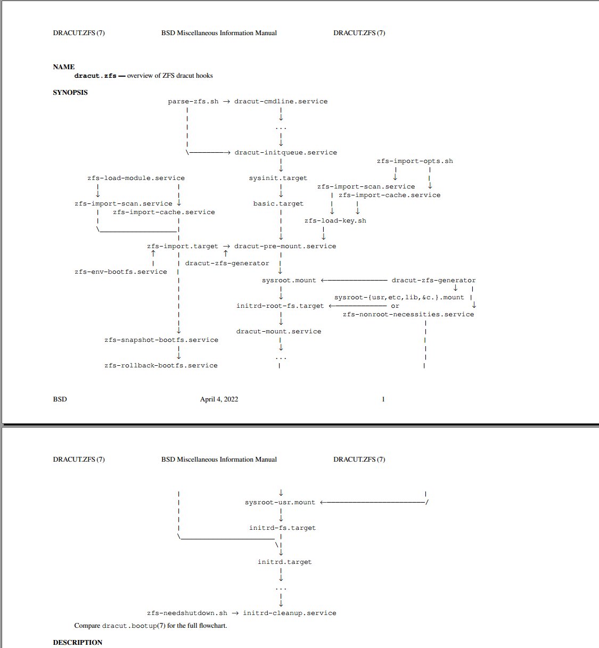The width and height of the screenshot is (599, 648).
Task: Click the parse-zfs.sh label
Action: tap(193, 101)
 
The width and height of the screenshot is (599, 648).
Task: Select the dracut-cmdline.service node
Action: tap(281, 101)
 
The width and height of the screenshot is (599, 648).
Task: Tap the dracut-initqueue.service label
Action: tap(285, 152)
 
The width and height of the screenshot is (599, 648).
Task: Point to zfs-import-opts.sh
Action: tap(415, 161)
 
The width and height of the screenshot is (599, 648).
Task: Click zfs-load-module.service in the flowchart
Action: tap(136, 178)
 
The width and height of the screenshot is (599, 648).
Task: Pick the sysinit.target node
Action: tap(278, 178)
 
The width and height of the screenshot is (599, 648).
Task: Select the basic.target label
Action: tap(278, 203)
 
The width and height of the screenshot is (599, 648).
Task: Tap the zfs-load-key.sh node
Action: tap(335, 220)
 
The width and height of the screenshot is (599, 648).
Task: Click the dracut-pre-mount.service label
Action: tap(285, 246)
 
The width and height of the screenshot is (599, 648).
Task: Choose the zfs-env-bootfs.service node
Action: tap(121, 272)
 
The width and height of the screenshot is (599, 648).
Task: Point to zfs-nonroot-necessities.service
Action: tap(408, 314)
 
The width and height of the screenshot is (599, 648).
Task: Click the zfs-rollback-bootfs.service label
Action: tap(161, 365)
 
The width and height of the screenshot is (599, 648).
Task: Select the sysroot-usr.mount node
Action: tap(280, 502)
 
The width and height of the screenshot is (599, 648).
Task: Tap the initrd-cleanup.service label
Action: tap(290, 613)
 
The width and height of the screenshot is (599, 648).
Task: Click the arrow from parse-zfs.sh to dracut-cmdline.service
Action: tap(226, 101)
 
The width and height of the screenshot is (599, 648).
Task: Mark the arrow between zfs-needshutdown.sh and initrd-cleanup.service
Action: tap(235, 613)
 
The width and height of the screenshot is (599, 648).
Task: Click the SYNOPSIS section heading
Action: tap(70, 92)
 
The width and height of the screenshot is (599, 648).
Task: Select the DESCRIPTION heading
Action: tap(78, 642)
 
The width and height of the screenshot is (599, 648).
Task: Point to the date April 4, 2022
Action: tap(219, 399)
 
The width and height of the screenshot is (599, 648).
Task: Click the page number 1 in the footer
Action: tap(383, 399)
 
